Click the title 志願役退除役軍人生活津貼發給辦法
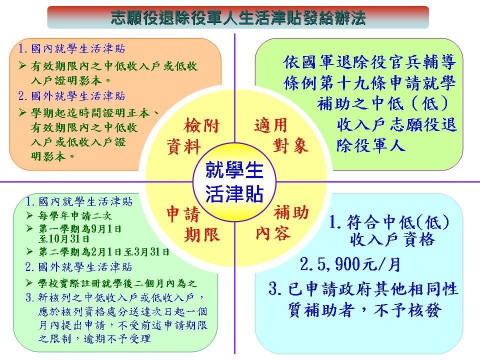[x=238, y=17]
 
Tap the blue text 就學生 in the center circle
[x=234, y=170]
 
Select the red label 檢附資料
[x=193, y=136]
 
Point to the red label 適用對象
[x=281, y=135]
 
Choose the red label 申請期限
[x=193, y=224]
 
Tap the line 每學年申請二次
[x=75, y=215]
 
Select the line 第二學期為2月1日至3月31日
[x=104, y=252]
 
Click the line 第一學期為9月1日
[x=80, y=228]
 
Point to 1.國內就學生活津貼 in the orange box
[x=71, y=48]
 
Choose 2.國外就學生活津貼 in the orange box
[x=71, y=96]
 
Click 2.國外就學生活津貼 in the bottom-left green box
[x=78, y=267]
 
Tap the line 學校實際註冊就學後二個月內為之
[x=117, y=283]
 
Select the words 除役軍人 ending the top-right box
[x=370, y=145]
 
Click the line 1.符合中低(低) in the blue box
[x=389, y=222]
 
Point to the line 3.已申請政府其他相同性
[x=363, y=289]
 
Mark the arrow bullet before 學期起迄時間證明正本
[x=22, y=112]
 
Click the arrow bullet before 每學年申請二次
[x=29, y=215]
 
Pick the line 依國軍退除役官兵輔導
[x=370, y=62]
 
